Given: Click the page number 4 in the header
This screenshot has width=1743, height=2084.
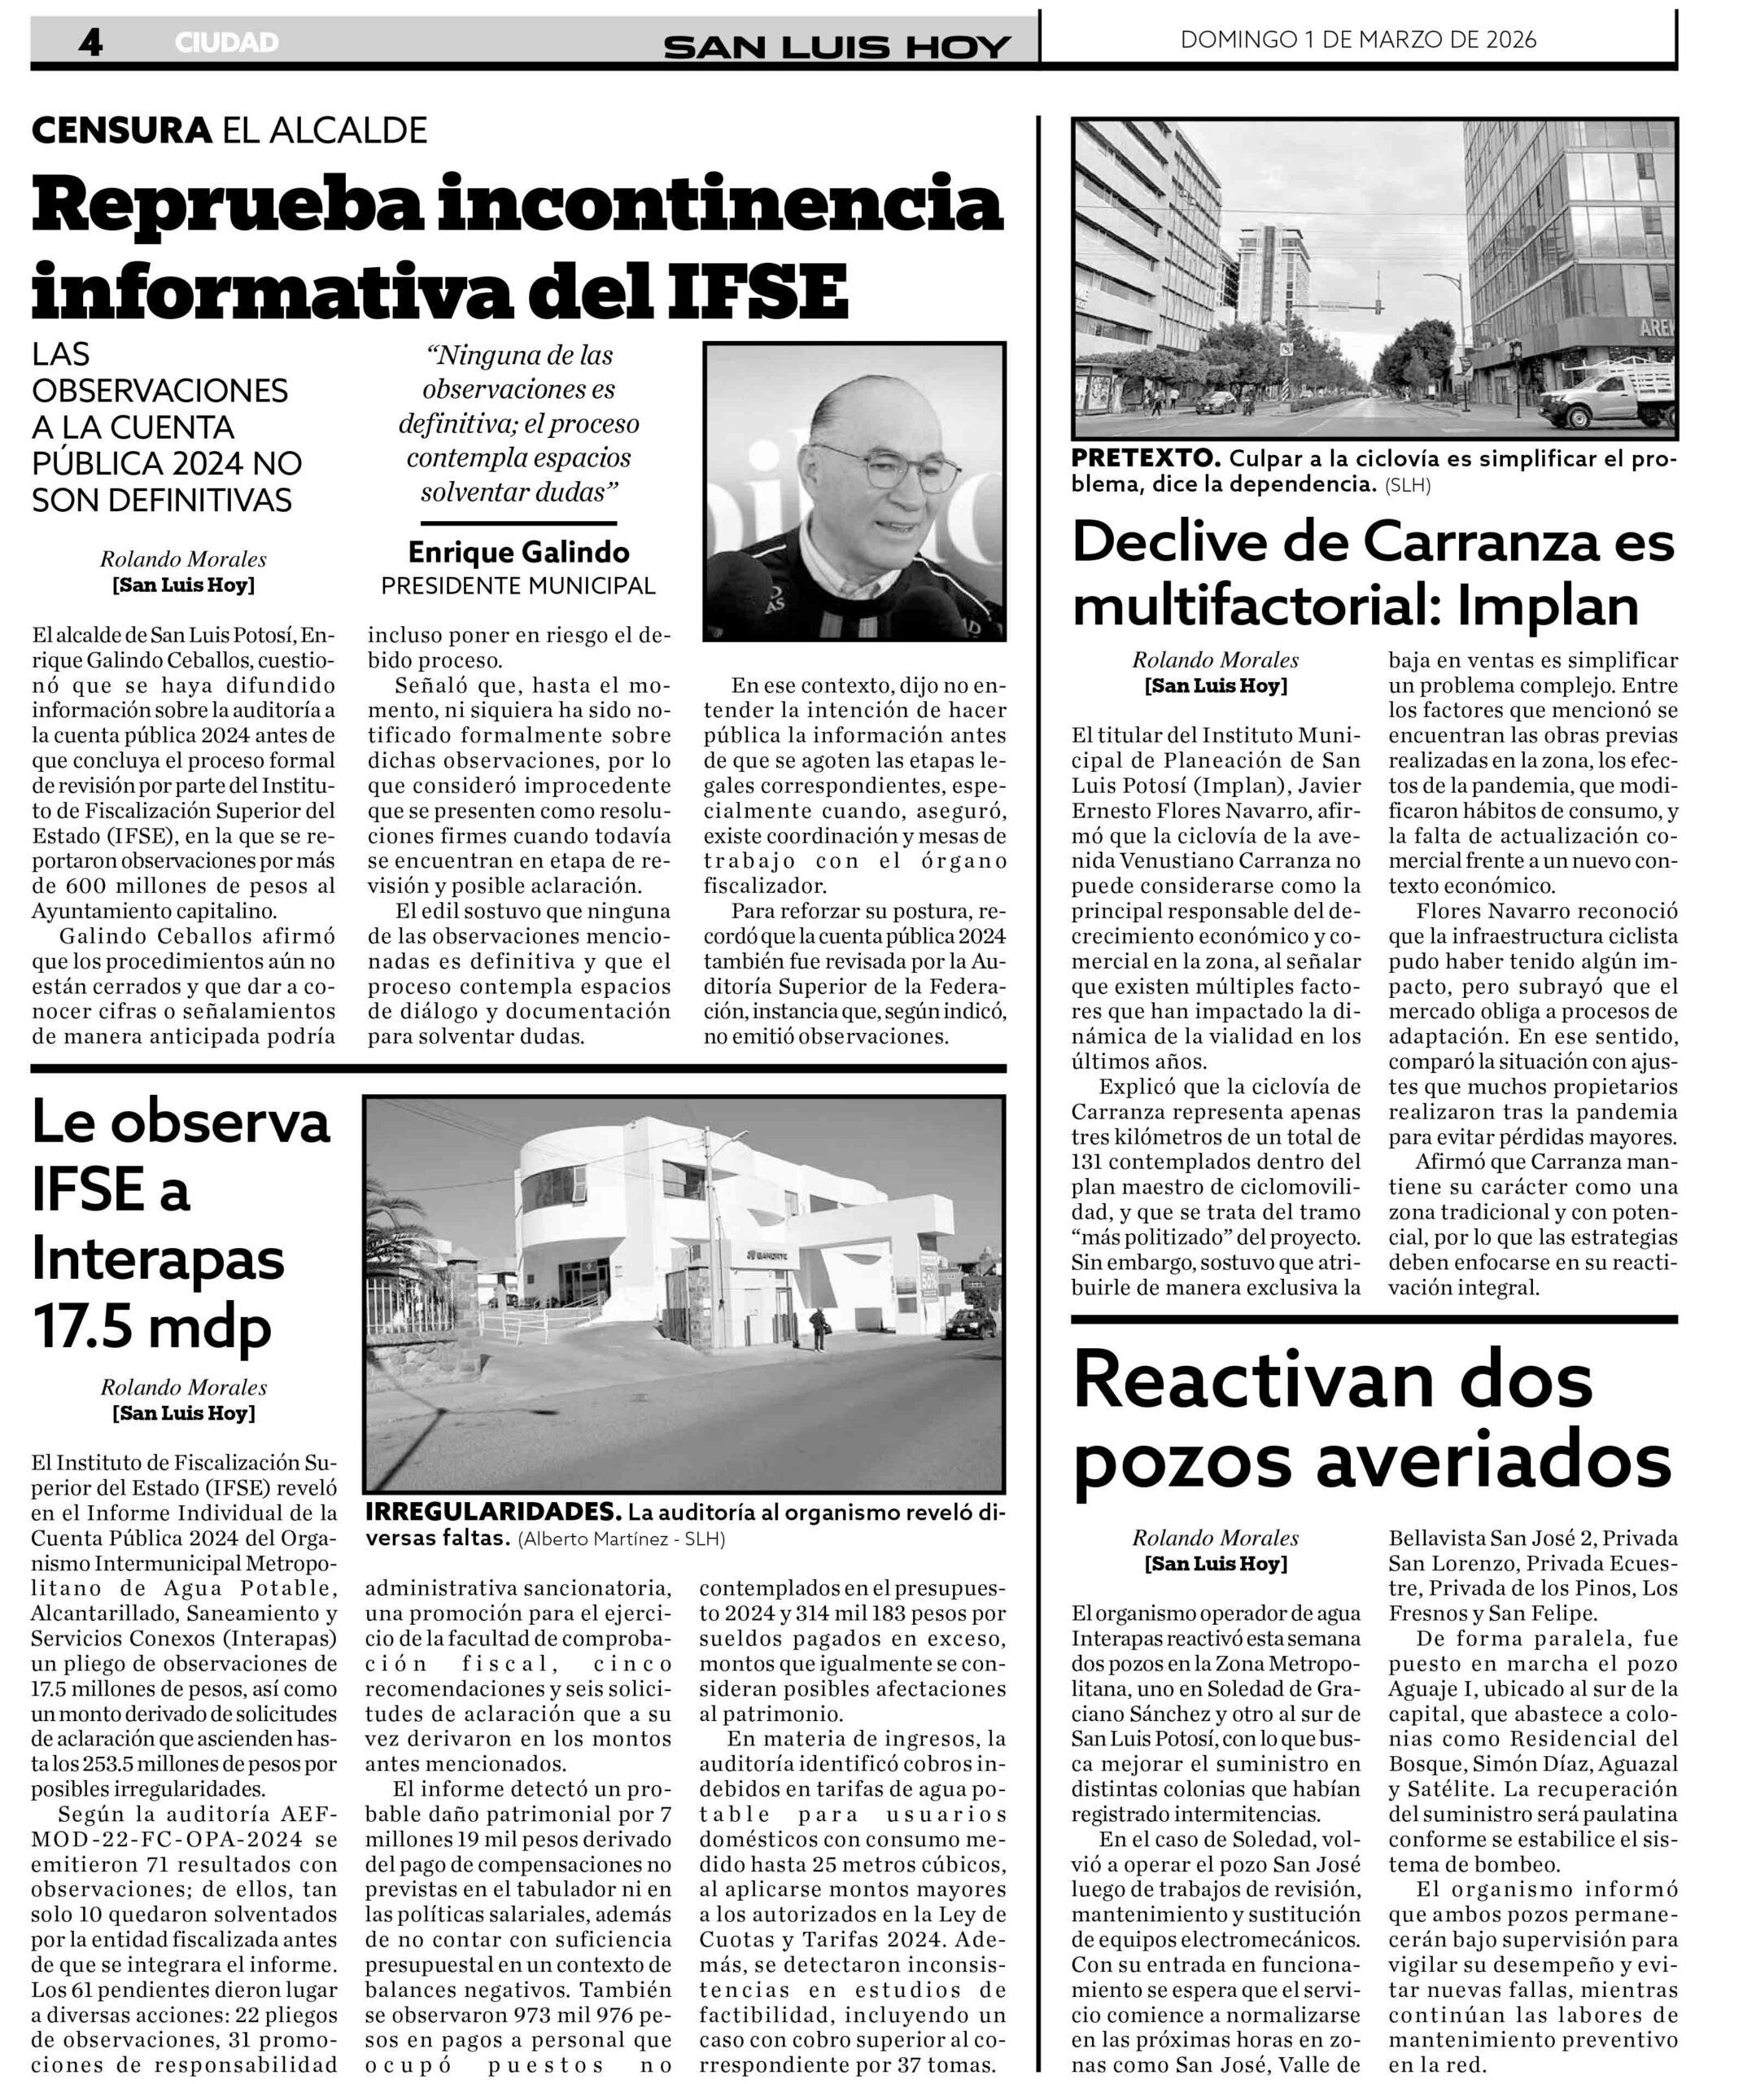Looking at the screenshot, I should [x=90, y=42].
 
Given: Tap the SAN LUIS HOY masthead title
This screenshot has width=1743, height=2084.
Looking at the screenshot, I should [x=837, y=46].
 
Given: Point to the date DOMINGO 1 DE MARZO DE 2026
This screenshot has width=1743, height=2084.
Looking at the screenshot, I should [x=1358, y=40].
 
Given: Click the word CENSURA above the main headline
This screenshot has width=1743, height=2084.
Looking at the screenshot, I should [x=121, y=130].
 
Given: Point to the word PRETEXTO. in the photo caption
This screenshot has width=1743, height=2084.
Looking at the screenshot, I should [x=1146, y=458].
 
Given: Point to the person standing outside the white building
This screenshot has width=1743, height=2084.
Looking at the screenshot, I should [x=818, y=1328].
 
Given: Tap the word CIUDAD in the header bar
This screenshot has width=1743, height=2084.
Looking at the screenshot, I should [x=226, y=42].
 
